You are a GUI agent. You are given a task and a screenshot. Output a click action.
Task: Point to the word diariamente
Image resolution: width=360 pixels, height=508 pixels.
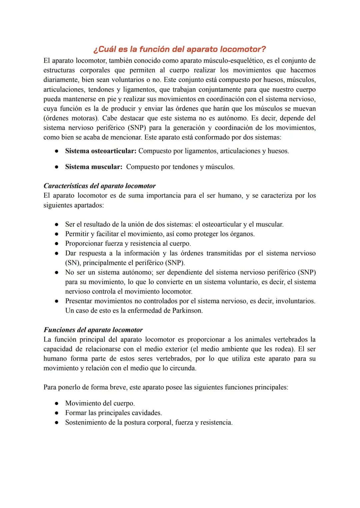click(x=61, y=80)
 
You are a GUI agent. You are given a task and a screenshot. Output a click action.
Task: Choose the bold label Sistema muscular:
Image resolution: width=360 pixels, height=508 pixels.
click(x=94, y=167)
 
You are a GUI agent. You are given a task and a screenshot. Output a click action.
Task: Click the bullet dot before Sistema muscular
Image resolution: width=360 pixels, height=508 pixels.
click(x=57, y=167)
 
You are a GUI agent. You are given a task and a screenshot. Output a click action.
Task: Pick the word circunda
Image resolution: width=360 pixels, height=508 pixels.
click(x=183, y=368)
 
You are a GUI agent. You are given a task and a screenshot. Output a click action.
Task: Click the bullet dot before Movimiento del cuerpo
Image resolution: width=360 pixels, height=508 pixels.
click(x=57, y=403)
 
